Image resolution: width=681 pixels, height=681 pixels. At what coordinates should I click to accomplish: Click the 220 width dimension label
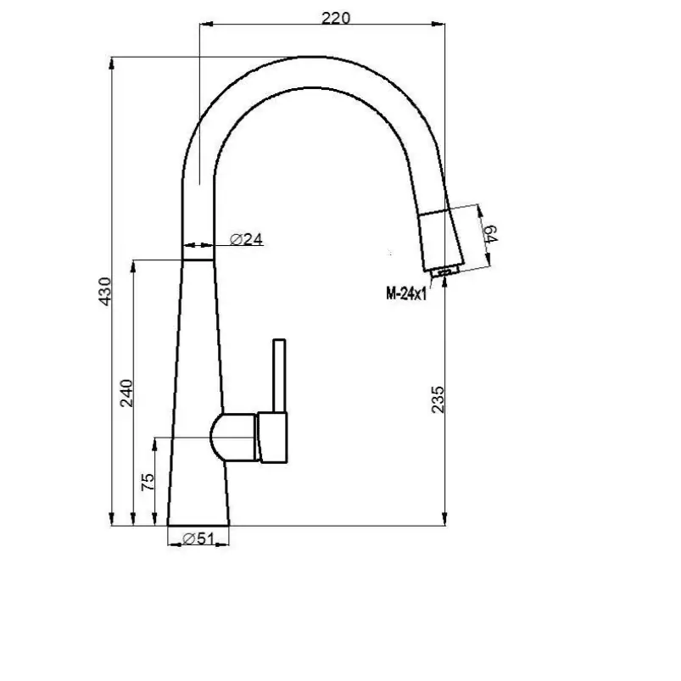pos(335,19)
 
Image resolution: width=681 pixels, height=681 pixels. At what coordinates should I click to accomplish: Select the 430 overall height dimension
pos(105,291)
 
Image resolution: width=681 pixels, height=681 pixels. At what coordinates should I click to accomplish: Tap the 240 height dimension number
pos(126,393)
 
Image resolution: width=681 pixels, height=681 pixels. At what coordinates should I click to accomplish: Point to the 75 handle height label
pos(148,482)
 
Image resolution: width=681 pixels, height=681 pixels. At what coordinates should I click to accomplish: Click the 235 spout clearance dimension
pos(438,399)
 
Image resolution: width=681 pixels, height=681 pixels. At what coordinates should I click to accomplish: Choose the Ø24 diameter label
pos(246,239)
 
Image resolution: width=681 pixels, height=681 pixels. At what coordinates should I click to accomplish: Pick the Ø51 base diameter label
pos(198,539)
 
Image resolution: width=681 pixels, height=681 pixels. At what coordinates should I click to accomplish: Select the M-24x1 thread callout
pos(406,293)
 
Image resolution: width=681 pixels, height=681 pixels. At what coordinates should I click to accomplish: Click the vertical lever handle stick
pos(279,376)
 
